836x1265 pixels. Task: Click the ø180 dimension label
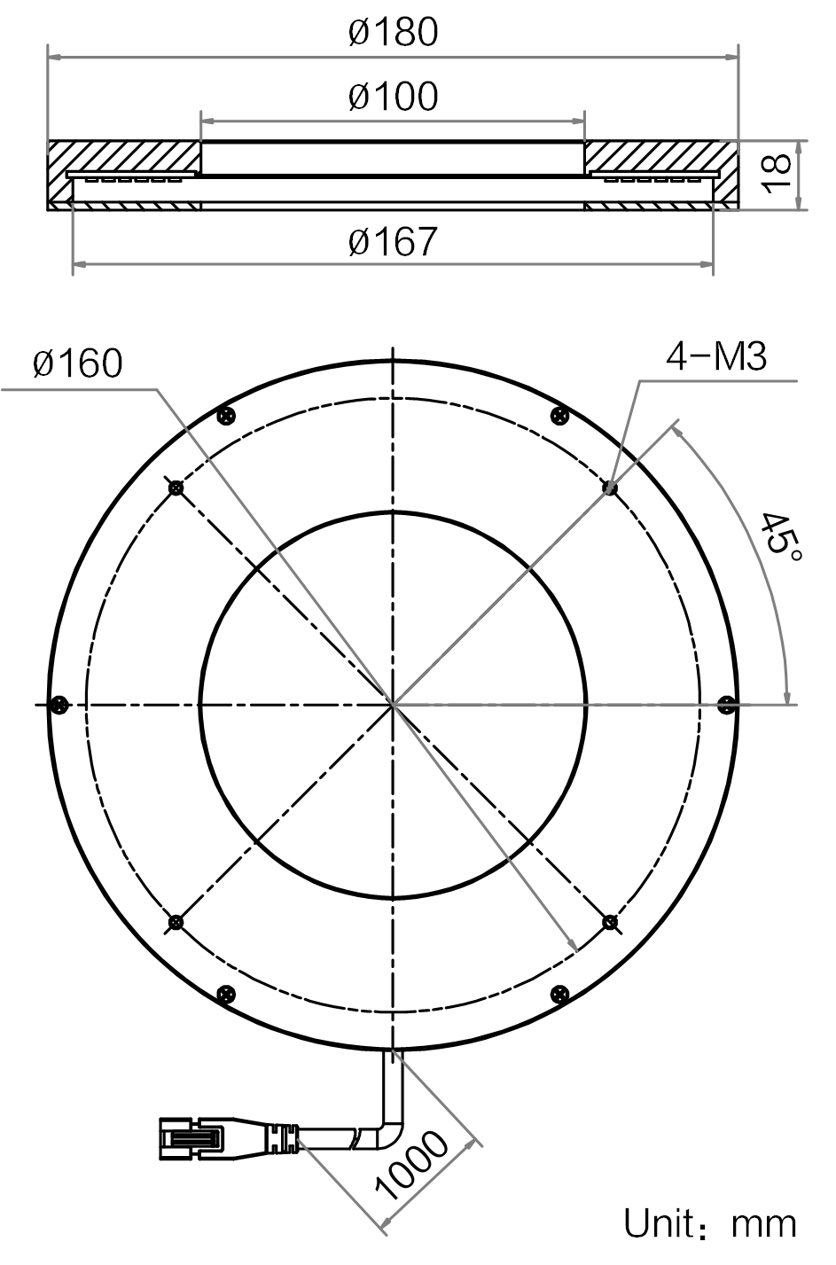[x=393, y=32]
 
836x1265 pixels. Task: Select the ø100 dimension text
[x=393, y=96]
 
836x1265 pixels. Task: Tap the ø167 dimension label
[x=393, y=241]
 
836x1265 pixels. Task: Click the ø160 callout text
[x=78, y=363]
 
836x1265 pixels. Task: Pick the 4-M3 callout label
[x=716, y=356]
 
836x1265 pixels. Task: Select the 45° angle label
[x=780, y=536]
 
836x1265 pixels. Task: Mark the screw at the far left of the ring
[x=59, y=704]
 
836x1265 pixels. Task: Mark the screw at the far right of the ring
[x=727, y=704]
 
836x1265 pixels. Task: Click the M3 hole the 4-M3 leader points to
[x=609, y=488]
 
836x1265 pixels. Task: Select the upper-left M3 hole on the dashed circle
[x=176, y=488]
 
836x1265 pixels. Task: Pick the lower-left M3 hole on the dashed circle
[x=176, y=922]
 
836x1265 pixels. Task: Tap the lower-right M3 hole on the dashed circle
[x=609, y=922]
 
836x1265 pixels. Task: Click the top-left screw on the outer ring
[x=226, y=416]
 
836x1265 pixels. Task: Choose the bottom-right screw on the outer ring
[x=559, y=994]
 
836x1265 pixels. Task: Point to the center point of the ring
[x=393, y=704]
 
